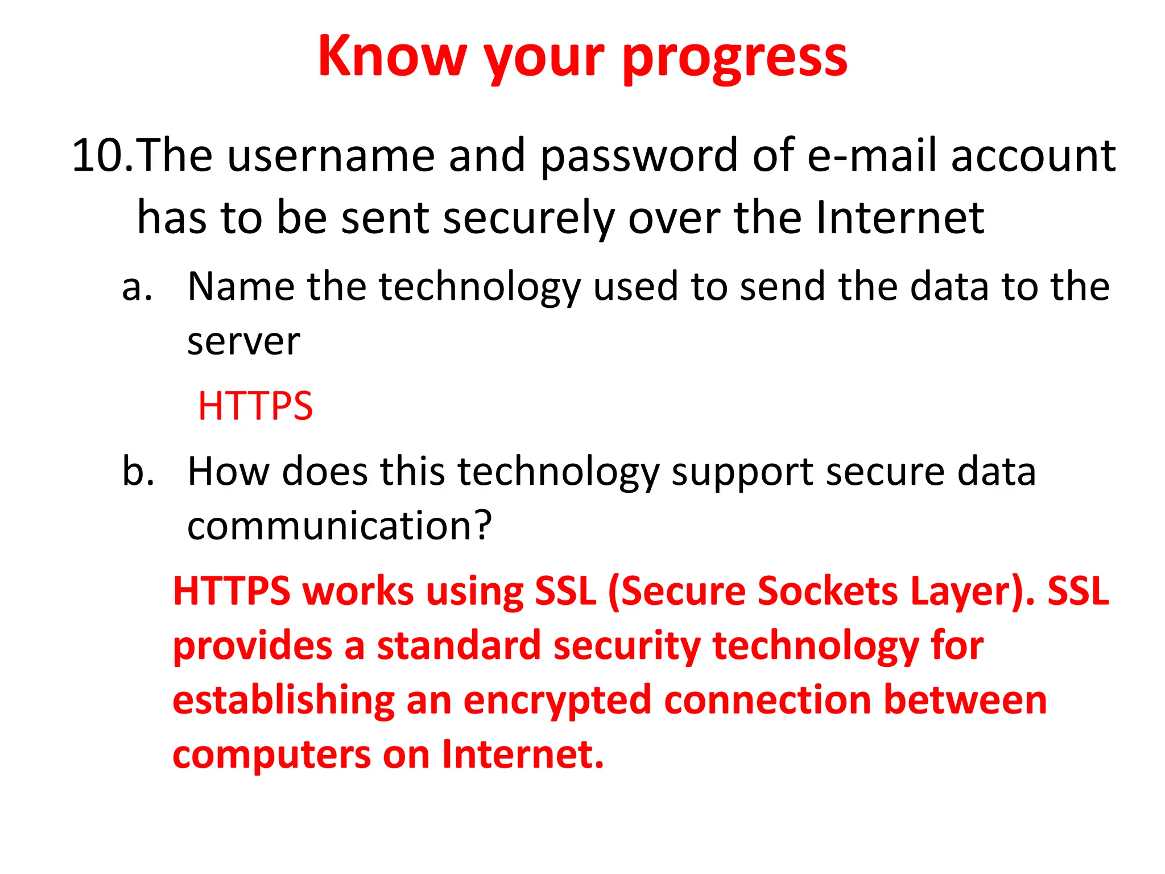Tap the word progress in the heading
coord(735,59)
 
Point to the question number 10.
coord(101,155)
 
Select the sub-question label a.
coord(137,287)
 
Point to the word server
coord(243,343)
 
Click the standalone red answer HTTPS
coord(255,406)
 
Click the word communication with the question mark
coord(339,526)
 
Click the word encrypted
coord(557,702)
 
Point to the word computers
coord(271,756)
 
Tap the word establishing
coord(283,702)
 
